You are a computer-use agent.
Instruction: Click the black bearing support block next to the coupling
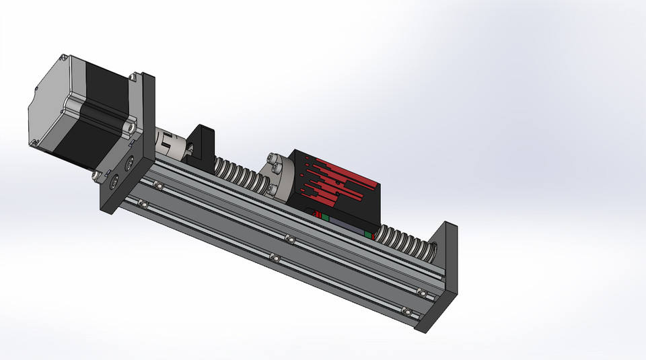tap(200, 145)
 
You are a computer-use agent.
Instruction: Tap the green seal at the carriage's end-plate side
tap(369, 233)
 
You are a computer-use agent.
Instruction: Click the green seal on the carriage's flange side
tap(324, 217)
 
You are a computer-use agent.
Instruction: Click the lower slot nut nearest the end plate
tap(405, 310)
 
